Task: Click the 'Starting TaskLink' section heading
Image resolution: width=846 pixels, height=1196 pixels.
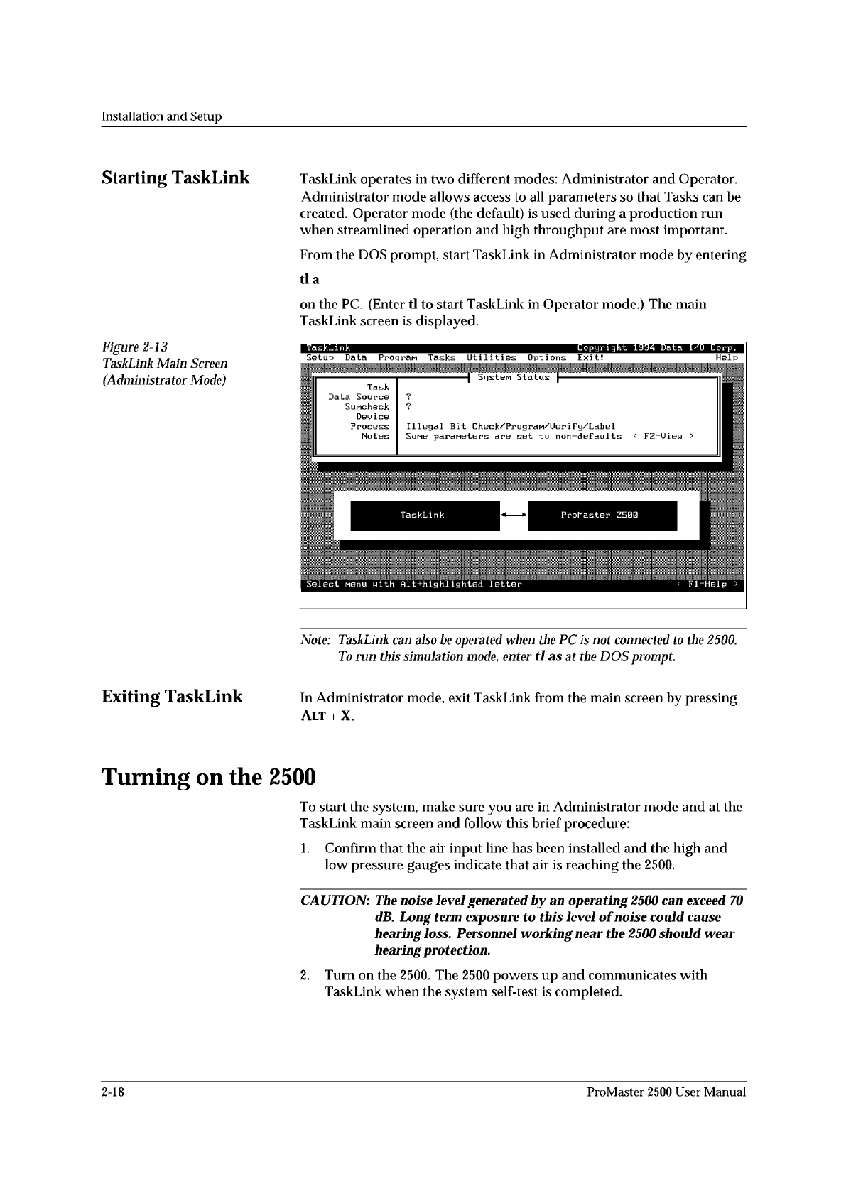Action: tap(175, 178)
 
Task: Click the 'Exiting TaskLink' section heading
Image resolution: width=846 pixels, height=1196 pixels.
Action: tap(172, 697)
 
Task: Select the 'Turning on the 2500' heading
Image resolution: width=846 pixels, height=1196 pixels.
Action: tap(208, 778)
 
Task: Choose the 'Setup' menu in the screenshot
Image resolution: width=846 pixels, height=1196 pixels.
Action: tap(320, 358)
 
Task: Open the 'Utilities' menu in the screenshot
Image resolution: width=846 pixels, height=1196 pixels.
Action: tap(492, 358)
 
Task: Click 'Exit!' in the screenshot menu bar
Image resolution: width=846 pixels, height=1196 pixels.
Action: tap(590, 358)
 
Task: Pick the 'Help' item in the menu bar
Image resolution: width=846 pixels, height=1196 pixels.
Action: tap(727, 358)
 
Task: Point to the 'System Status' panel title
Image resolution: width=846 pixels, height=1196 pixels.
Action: tap(514, 378)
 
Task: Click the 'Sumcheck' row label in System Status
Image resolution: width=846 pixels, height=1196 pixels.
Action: tap(367, 407)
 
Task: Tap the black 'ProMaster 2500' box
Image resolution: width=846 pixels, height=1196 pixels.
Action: tap(602, 516)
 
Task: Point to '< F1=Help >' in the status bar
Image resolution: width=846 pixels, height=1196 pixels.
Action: tap(707, 585)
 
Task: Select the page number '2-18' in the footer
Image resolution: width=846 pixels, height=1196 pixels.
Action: tap(114, 1092)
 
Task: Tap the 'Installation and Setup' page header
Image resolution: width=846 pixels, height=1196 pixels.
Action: tap(162, 116)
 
